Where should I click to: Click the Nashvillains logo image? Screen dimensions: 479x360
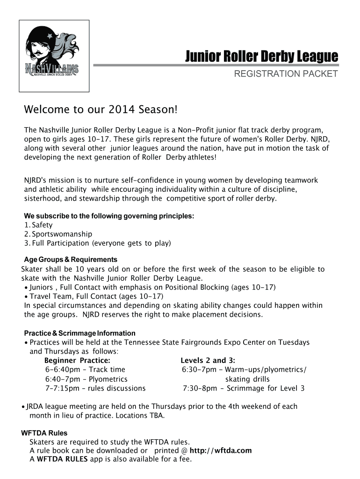point(54,56)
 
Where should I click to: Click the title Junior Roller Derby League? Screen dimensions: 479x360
point(261,57)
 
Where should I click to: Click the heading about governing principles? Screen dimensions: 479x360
point(109,216)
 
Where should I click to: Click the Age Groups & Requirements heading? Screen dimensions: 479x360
point(71,260)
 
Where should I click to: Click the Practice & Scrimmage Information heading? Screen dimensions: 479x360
point(79,333)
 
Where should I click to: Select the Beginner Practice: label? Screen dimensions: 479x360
point(77,361)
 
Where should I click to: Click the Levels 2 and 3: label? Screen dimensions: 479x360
point(208,361)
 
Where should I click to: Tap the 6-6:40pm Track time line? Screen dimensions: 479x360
point(86,370)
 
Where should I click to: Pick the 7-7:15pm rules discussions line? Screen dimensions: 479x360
point(95,388)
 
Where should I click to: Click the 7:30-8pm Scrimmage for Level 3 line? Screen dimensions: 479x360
point(244,388)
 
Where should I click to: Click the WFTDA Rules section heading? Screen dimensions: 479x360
point(44,433)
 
